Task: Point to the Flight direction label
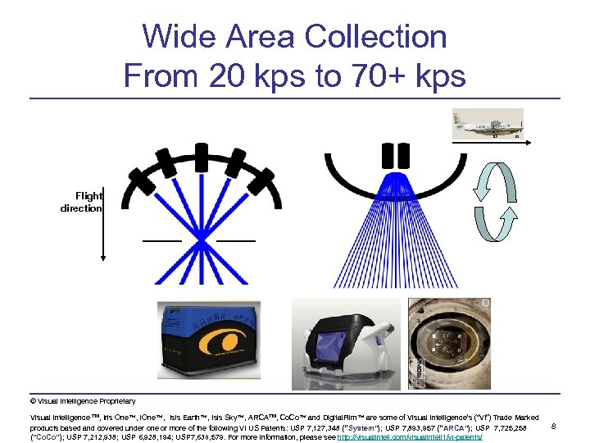click(x=82, y=202)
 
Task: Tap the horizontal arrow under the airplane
click(x=489, y=142)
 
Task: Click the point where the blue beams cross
click(x=202, y=240)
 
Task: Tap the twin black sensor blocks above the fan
click(x=397, y=155)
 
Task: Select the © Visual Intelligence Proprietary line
click(x=83, y=401)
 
